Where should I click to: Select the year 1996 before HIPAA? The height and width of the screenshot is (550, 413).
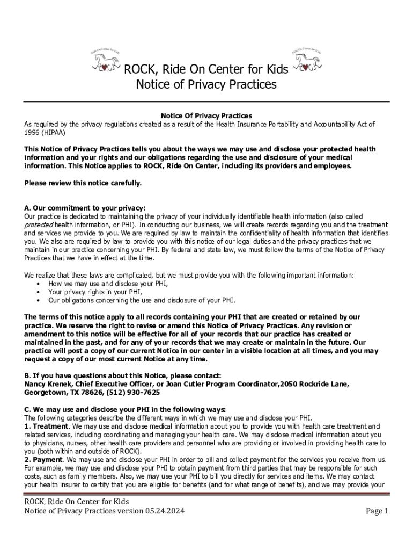pyautogui.click(x=32, y=132)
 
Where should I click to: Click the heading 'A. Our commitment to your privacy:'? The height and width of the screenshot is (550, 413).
pyautogui.click(x=85, y=208)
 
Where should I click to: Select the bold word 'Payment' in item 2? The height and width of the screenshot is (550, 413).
pyautogui.click(x=47, y=460)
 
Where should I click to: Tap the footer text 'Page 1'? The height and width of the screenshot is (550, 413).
pyautogui.click(x=377, y=511)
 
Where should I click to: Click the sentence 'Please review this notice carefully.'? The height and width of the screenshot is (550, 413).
pyautogui.click(x=83, y=183)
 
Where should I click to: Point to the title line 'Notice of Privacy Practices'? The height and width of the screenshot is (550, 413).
pyautogui.click(x=206, y=85)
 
